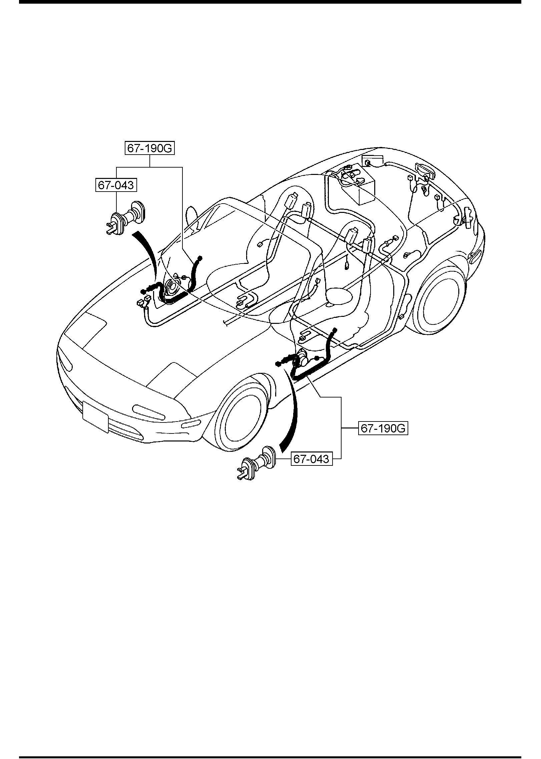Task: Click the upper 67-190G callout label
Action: pyautogui.click(x=150, y=149)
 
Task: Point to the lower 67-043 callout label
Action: pyautogui.click(x=312, y=459)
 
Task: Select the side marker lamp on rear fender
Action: pyautogui.click(x=474, y=257)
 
